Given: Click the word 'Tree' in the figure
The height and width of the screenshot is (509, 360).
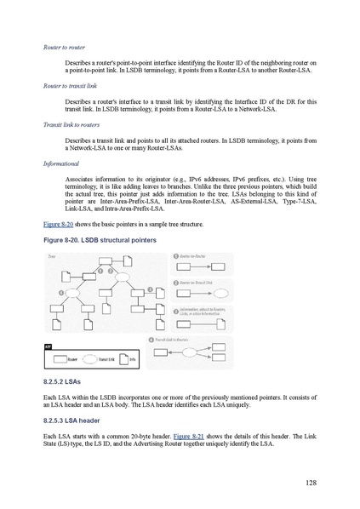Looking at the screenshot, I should [x=52, y=255].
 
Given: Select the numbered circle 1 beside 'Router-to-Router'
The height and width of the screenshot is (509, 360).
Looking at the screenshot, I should [x=174, y=255].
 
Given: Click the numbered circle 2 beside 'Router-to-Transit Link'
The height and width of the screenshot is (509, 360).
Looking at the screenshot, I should [x=174, y=283].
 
